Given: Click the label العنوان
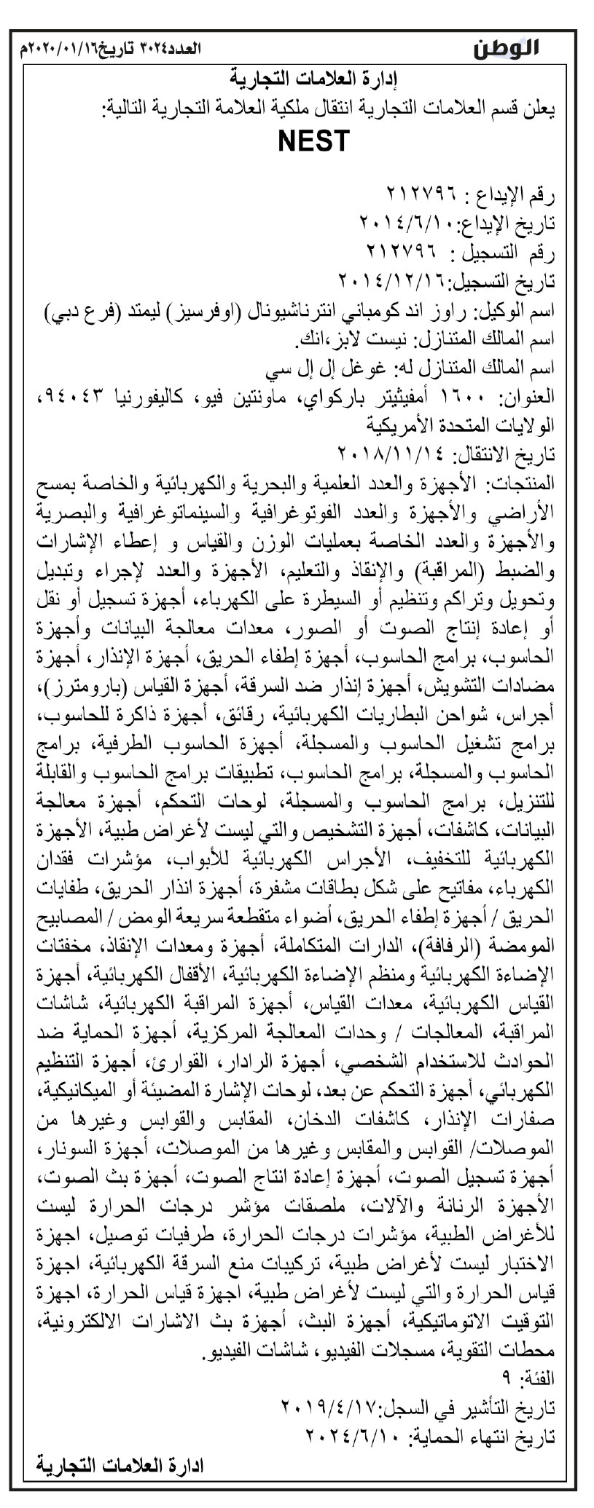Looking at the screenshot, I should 530,398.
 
